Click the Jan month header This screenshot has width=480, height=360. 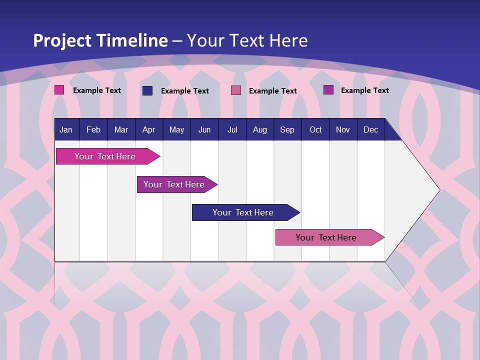coord(66,130)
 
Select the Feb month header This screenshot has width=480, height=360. coord(93,130)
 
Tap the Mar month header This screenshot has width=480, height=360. coord(121,130)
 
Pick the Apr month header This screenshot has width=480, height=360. coord(149,130)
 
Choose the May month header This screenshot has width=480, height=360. coord(176,130)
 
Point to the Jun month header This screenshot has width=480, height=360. coord(204,130)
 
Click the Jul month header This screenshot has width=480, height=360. coord(232,130)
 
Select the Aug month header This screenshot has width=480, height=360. coord(260,130)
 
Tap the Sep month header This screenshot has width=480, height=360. coord(287,130)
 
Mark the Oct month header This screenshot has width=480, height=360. coord(315,130)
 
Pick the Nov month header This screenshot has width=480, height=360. coord(343,130)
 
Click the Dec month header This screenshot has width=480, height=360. coord(371,130)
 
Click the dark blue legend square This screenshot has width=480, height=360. coord(147,90)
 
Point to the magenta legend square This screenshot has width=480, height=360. coord(59,90)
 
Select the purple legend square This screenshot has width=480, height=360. coord(328,90)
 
